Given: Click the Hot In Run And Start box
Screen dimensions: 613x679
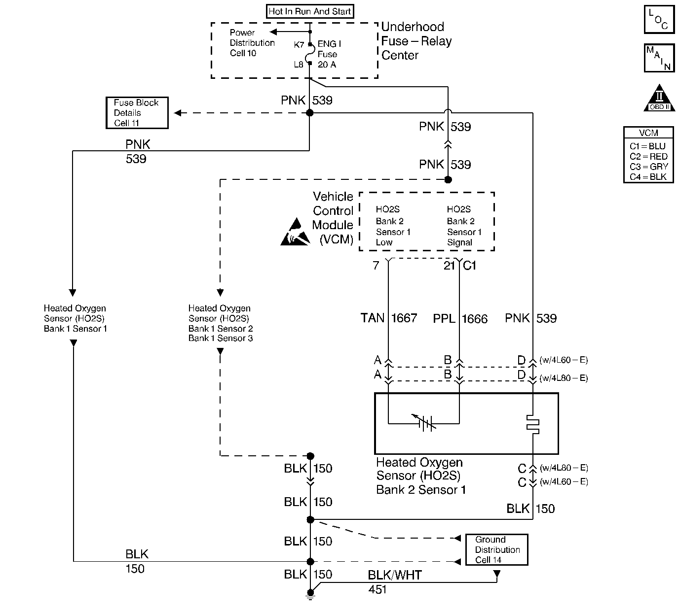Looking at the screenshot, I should (x=310, y=11).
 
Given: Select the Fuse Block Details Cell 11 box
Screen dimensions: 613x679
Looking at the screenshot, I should (x=137, y=113).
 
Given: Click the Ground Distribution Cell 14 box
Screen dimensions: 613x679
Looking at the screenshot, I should (x=497, y=549).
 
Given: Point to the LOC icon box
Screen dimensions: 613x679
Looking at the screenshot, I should (x=659, y=20).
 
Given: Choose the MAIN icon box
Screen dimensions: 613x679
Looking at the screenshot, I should (x=659, y=58).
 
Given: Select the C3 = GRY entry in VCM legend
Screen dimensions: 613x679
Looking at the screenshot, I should (x=648, y=167).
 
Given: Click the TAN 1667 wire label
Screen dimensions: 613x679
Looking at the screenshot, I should (x=389, y=318).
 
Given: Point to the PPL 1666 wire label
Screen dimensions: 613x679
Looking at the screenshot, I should (x=460, y=319).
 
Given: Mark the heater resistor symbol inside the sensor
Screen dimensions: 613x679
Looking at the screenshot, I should (x=533, y=423).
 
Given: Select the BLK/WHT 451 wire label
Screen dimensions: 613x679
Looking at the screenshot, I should (x=394, y=581).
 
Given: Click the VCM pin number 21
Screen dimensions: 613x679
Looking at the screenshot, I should (x=449, y=266).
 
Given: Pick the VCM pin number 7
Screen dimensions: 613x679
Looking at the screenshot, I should (x=376, y=266).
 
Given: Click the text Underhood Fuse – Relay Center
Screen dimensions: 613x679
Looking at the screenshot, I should (x=416, y=41).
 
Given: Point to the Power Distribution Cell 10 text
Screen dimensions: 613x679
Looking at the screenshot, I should (x=252, y=43).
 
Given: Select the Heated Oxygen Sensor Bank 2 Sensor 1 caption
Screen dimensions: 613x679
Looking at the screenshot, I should (x=420, y=476).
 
